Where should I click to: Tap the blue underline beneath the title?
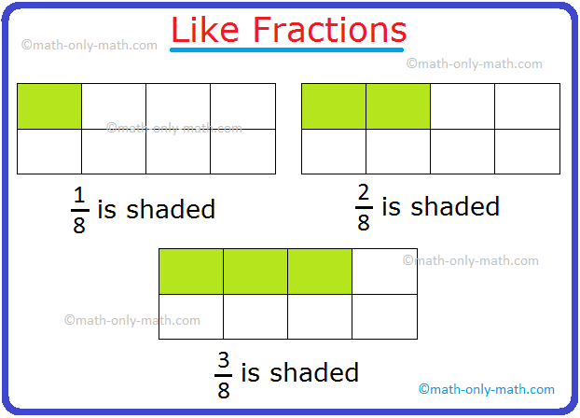[x=289, y=50]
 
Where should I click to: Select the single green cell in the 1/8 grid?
[x=49, y=106]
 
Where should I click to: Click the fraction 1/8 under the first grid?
[x=78, y=211]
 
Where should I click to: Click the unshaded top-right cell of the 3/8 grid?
[x=384, y=272]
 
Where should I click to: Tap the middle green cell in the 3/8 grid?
[x=255, y=272]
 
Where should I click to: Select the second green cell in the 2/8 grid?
[x=398, y=106]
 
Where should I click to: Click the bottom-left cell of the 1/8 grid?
[x=49, y=151]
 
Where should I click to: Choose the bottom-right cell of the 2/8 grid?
[x=527, y=151]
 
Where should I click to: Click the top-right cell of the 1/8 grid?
[x=242, y=106]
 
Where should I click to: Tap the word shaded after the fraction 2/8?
[x=457, y=206]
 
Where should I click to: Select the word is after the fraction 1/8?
[x=106, y=210]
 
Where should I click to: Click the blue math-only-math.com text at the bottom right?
[x=487, y=389]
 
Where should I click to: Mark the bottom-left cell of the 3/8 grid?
[x=191, y=316]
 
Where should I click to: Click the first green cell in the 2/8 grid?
[x=334, y=106]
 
